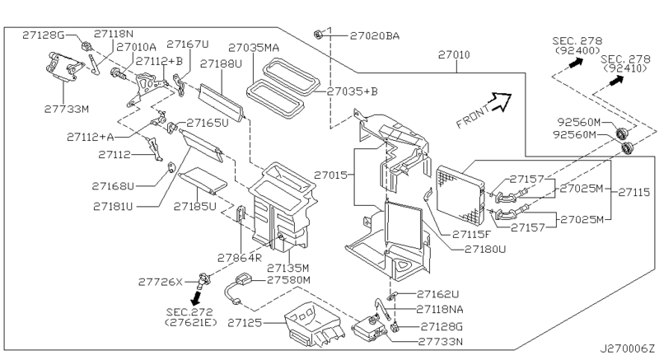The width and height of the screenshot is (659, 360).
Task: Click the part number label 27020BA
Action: tap(375, 35)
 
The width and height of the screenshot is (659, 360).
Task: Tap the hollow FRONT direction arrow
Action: tap(496, 104)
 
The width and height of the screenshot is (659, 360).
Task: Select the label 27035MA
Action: tap(254, 48)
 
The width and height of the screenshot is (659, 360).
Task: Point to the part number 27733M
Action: tap(66, 106)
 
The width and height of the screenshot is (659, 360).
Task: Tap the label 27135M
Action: tap(287, 268)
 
